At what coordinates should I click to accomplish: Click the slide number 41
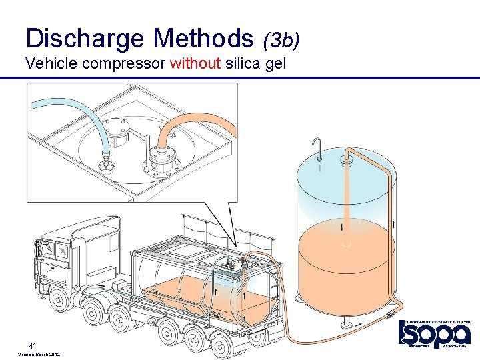(x=31, y=345)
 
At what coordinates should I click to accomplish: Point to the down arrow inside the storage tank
(x=343, y=227)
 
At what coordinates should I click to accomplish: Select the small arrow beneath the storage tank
(x=360, y=324)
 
